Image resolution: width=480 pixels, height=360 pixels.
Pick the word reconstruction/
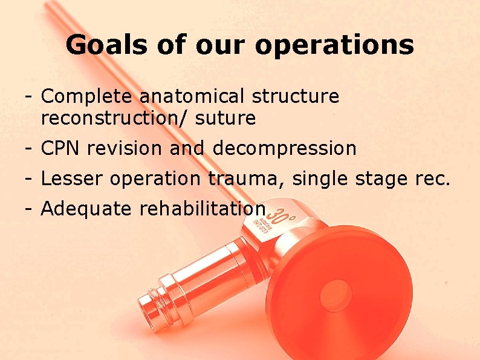pos(115,119)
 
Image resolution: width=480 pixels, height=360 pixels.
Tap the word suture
pos(225,119)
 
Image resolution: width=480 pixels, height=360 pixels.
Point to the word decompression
pos(285,148)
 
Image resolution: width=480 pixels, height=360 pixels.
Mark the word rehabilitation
pos(203,209)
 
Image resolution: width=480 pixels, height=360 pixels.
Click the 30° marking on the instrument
pos(280,215)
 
